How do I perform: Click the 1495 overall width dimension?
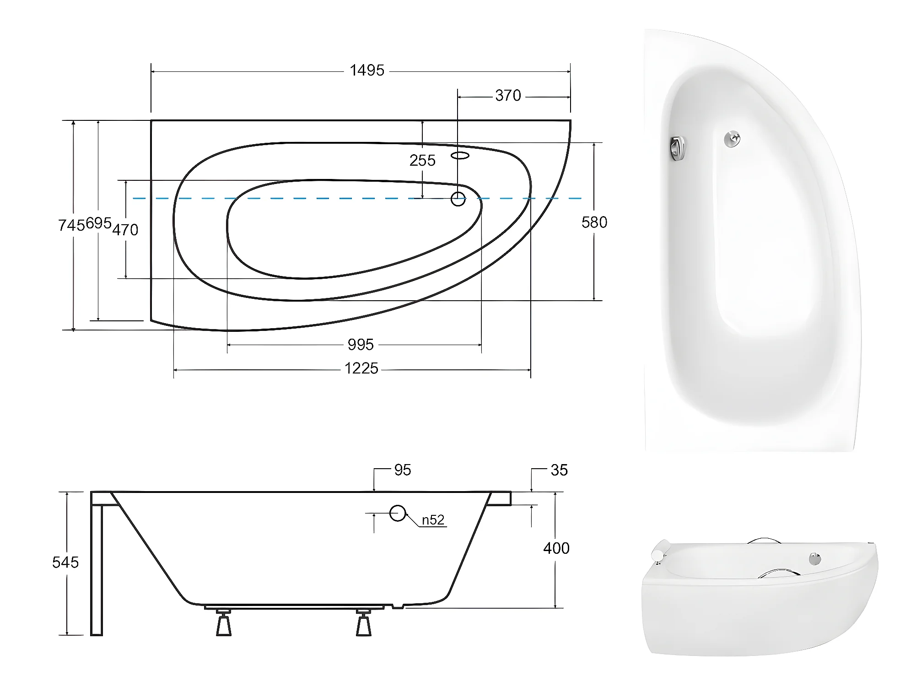point(367,70)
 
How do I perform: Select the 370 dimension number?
point(508,96)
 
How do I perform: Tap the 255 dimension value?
point(422,161)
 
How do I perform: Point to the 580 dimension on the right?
point(594,222)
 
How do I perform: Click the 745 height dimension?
point(71,225)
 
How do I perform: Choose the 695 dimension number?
point(98,223)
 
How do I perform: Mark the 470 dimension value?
point(125,230)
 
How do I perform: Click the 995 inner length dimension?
point(361,345)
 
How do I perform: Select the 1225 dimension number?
point(361,368)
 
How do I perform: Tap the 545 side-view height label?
point(65,563)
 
